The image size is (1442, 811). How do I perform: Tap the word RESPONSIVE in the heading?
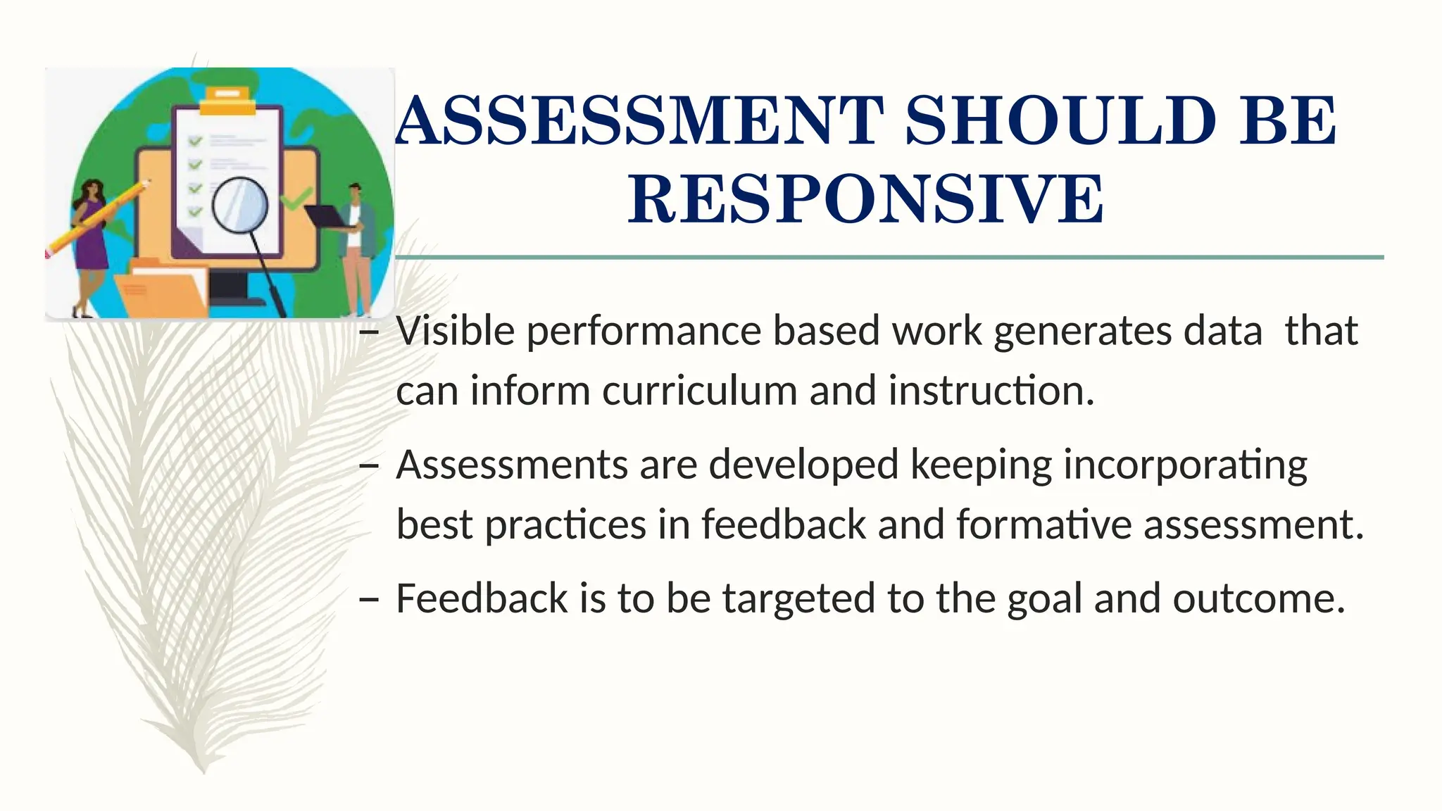point(865,200)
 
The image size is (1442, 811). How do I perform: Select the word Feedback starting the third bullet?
point(482,598)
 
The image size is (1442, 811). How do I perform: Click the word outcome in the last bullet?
point(1258,598)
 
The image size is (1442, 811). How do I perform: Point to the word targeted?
point(798,600)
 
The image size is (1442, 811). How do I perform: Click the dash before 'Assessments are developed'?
point(368,465)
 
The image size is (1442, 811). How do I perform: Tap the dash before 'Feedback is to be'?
point(368,599)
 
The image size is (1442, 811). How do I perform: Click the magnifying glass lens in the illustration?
point(240,205)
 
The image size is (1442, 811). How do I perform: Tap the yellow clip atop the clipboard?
point(227,101)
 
